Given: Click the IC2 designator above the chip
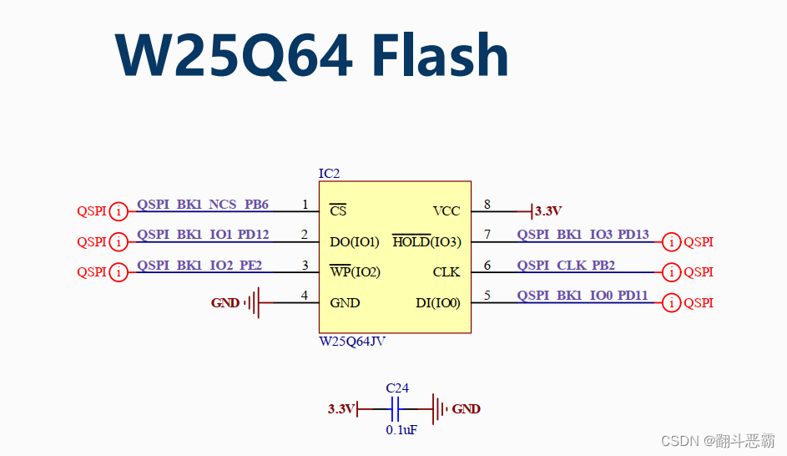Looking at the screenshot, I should pos(330,174).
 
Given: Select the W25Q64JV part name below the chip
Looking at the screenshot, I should pos(352,342).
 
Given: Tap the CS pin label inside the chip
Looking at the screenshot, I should pos(338,211).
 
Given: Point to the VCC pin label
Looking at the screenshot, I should pos(446,211).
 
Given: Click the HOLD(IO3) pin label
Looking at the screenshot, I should pos(426,242).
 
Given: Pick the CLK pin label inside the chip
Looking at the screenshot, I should pos(446,272).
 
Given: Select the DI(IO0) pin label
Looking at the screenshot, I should pos(438,302).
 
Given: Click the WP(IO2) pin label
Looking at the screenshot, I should pos(355,272).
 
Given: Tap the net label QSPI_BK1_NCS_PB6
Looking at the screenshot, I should pos(203,205).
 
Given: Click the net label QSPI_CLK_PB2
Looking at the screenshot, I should pos(566,266).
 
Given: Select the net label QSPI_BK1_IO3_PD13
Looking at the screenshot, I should pos(583,235).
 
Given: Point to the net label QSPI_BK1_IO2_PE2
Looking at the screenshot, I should pos(199,266).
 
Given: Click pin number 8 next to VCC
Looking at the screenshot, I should pos(487,205).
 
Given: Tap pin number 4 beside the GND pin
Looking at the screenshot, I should pos(305,296).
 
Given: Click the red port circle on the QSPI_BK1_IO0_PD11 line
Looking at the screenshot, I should pos(671,303).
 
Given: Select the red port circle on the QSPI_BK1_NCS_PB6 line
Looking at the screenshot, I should pos(119,211).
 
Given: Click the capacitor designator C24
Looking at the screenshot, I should pos(397,388).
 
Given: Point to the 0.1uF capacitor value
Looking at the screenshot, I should pos(401,429).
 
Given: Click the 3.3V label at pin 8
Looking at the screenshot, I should pos(548,211).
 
